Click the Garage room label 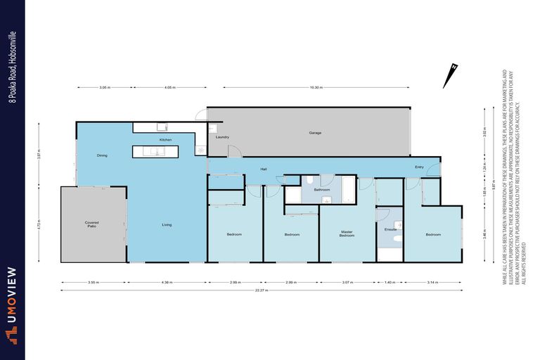[315, 133]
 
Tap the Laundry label [223, 137]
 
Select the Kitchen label [165, 141]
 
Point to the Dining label [102, 155]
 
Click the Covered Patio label [91, 224]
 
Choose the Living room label [167, 225]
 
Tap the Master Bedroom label [347, 234]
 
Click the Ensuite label [391, 229]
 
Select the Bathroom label [322, 190]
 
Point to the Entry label [419, 167]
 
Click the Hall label [264, 169]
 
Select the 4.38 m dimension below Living [167, 282]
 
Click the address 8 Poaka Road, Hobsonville [12, 66]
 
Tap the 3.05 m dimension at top [104, 88]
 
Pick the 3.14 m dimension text [432, 282]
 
